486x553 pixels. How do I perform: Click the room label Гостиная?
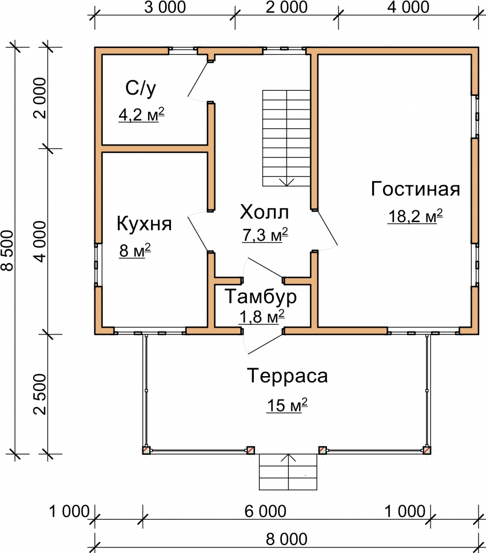pyautogui.click(x=415, y=189)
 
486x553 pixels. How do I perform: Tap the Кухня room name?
pyautogui.click(x=144, y=223)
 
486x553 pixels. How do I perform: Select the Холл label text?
pyautogui.click(x=264, y=212)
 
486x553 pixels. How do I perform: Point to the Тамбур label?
pyautogui.click(x=261, y=296)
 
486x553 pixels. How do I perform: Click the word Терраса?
pyautogui.click(x=288, y=376)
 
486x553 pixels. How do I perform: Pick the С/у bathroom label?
pyautogui.click(x=140, y=88)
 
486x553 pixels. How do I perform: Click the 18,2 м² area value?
pyautogui.click(x=415, y=216)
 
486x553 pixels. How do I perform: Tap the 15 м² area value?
pyautogui.click(x=287, y=405)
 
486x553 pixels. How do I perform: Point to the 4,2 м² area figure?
pyautogui.click(x=141, y=115)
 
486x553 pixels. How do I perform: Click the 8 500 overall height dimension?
pyautogui.click(x=8, y=251)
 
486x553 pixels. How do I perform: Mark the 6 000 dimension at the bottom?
pyautogui.click(x=265, y=512)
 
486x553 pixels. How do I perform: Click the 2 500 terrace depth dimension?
pyautogui.click(x=40, y=394)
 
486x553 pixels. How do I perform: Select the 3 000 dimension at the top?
pyautogui.click(x=165, y=7)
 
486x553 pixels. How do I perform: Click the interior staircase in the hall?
pyautogui.click(x=286, y=138)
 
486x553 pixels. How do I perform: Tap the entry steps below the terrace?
pyautogui.click(x=288, y=472)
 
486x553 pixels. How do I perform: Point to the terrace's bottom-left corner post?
pyautogui.click(x=146, y=450)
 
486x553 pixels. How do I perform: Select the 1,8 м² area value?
pyautogui.click(x=262, y=317)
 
